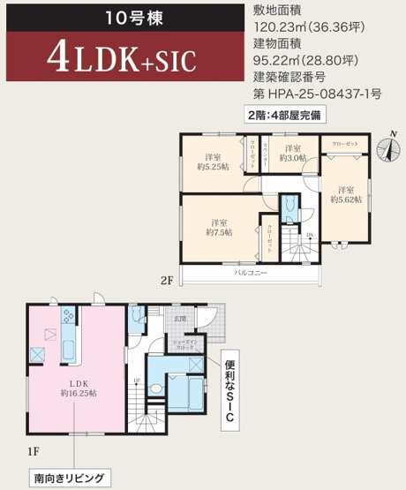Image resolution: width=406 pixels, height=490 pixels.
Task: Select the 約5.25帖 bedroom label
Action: click(x=211, y=160)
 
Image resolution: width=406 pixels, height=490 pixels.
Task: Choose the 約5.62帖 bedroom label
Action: click(x=346, y=194)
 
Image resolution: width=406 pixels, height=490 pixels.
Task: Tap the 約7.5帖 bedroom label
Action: click(x=222, y=227)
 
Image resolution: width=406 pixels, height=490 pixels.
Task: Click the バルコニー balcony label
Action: click(x=251, y=274)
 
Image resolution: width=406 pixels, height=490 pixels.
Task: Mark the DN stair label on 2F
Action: click(x=309, y=235)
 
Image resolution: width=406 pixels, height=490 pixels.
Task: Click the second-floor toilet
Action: click(x=290, y=208)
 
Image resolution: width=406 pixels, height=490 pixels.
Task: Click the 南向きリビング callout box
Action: click(x=69, y=479)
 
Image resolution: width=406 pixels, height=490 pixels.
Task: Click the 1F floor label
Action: click(x=33, y=451)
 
